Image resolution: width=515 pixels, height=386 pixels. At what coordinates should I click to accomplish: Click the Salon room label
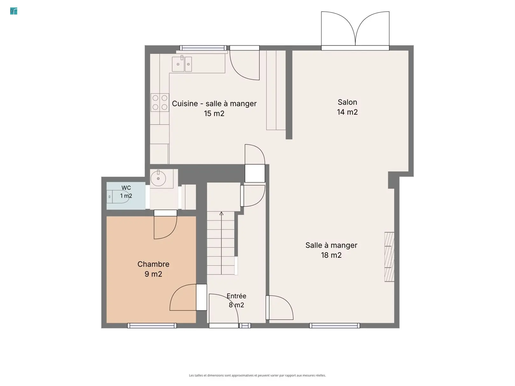(347, 102)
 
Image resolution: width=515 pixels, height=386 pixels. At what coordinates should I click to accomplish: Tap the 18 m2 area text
(331, 255)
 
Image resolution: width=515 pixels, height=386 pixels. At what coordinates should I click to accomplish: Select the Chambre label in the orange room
(153, 264)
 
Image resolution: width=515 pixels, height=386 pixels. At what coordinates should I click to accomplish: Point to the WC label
(126, 188)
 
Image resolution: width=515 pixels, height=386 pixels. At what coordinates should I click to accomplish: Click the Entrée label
(237, 296)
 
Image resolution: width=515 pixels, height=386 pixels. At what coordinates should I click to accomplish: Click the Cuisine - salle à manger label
(214, 104)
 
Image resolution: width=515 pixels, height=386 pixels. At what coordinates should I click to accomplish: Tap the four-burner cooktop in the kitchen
(160, 102)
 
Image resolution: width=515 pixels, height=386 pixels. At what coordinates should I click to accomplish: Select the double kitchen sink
(182, 64)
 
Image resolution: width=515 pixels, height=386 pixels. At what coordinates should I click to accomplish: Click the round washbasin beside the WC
(158, 178)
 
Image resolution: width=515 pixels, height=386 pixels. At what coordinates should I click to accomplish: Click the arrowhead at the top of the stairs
(221, 213)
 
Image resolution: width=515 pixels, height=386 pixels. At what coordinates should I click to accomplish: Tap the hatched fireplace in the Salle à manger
(389, 257)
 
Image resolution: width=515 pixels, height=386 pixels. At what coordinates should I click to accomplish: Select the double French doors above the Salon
(355, 30)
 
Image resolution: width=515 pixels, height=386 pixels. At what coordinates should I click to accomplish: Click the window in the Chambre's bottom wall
(152, 326)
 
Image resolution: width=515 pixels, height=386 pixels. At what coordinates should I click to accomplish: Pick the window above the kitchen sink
(203, 48)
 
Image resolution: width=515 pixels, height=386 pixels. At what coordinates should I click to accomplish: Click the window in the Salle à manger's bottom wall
(334, 326)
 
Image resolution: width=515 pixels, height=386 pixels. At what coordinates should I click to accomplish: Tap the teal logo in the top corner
(14, 11)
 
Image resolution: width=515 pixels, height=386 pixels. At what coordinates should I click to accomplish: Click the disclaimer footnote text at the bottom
(257, 375)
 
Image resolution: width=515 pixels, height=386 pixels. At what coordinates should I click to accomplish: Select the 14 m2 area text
(347, 112)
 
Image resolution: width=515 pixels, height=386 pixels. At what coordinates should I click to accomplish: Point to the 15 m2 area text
(214, 113)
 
